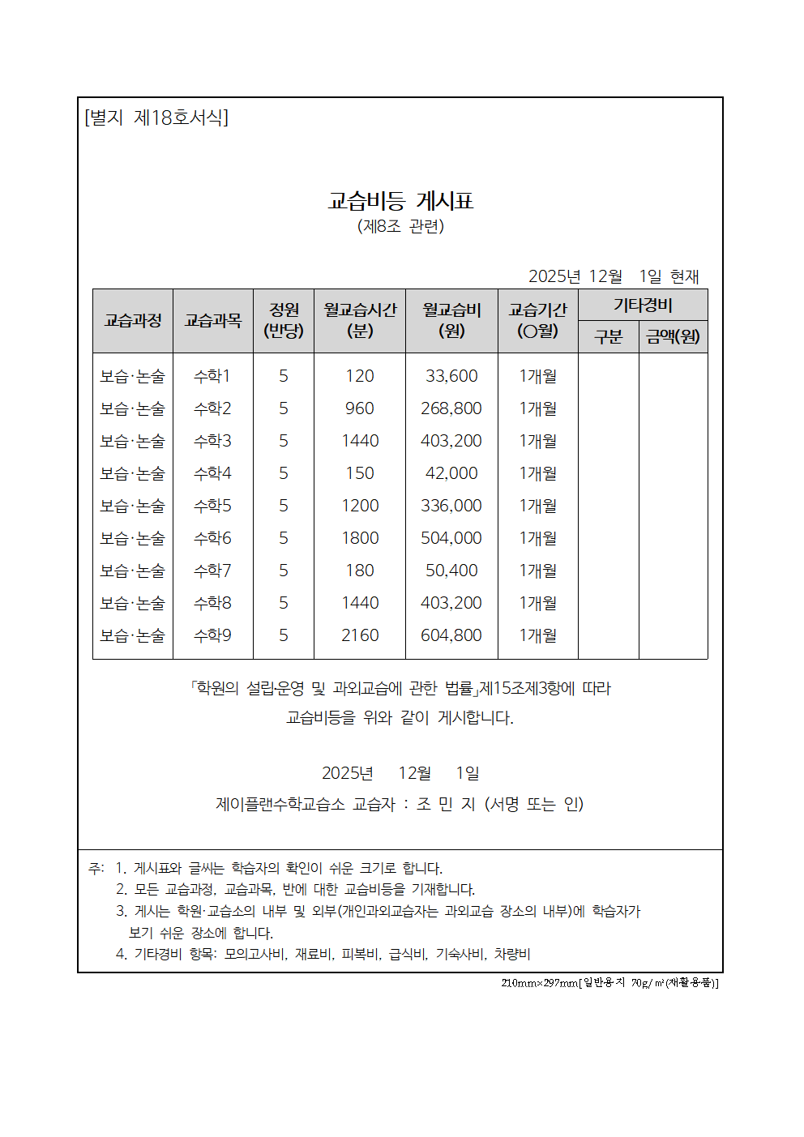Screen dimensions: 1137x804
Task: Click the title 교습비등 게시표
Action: [x=400, y=201]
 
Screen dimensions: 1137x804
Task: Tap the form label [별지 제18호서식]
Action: [x=156, y=118]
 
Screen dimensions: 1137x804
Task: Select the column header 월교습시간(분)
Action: [x=360, y=320]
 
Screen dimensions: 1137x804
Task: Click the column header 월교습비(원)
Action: [x=451, y=320]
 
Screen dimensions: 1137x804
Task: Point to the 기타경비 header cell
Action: [x=643, y=306]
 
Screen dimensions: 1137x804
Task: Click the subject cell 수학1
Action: [x=212, y=376]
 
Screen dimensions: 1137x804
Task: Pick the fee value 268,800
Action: [x=451, y=408]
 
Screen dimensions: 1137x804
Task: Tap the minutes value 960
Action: [x=360, y=408]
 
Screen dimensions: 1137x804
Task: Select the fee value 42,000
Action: [x=451, y=473]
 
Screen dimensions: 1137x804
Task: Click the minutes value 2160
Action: [x=360, y=635]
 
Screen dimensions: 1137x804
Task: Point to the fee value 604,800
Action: [x=451, y=635]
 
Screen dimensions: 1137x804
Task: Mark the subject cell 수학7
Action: [x=212, y=571]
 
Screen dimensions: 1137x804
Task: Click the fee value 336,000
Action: [x=451, y=506]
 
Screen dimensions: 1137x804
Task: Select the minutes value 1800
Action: [x=360, y=538]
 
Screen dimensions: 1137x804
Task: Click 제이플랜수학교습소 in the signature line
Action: [x=280, y=804]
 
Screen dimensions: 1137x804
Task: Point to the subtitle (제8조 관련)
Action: [x=400, y=226]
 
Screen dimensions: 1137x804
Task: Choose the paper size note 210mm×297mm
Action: [x=539, y=983]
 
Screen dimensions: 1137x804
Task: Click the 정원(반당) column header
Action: [x=284, y=320]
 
